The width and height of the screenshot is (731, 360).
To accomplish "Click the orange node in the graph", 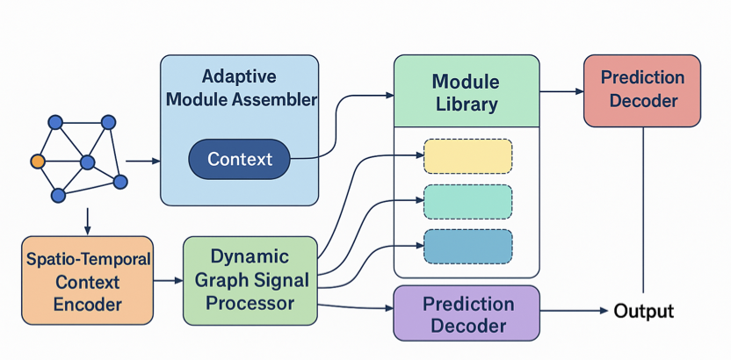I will click(x=37, y=162).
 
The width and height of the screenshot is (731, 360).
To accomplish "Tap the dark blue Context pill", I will click(x=239, y=159).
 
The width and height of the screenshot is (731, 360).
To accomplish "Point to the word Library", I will click(x=466, y=104).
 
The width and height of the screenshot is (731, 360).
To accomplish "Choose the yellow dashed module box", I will click(x=467, y=155).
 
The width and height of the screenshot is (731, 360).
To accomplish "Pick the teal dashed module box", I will click(x=467, y=201).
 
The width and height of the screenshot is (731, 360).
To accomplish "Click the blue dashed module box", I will click(x=467, y=247).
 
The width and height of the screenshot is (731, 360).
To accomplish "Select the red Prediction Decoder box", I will click(x=642, y=90).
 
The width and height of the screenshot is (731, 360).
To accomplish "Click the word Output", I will click(x=643, y=311).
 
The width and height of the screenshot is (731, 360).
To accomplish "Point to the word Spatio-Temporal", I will click(x=88, y=260).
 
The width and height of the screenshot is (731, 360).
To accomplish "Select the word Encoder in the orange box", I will click(x=88, y=305).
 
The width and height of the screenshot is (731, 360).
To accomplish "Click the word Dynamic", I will click(x=250, y=256).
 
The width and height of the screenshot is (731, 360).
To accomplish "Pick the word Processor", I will click(x=250, y=303).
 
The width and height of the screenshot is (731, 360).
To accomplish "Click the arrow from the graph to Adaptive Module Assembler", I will click(x=143, y=162).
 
